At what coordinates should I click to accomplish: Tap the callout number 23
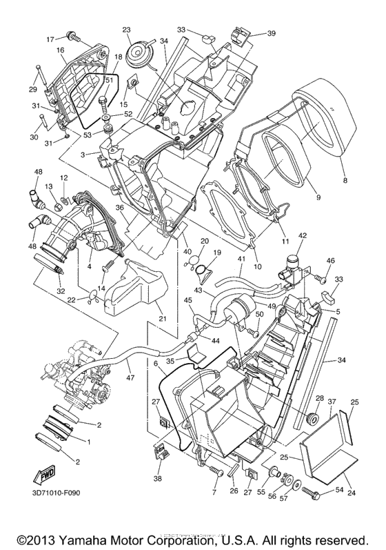127,30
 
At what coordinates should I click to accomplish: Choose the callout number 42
302,235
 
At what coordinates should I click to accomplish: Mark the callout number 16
60,50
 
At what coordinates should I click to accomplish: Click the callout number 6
156,363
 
